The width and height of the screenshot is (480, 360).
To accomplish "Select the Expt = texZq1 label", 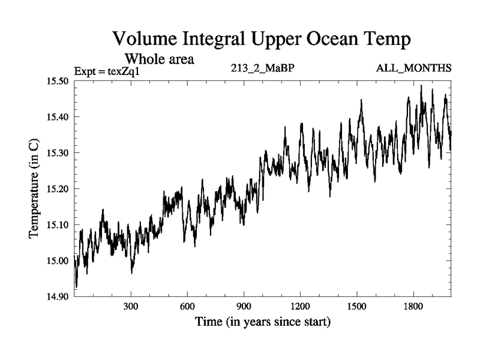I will pos(106,71).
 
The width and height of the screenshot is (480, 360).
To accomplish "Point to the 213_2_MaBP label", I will pos(262,67).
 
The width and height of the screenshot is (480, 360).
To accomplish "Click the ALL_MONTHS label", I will pos(413,67).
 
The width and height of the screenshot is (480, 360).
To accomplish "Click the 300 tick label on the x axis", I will pos(131,306).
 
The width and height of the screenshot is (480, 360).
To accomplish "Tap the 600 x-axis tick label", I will pos(187,306).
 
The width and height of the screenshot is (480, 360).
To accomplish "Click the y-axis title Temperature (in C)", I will pos(35,188).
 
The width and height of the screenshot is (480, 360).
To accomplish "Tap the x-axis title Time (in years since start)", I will pos(262,322).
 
